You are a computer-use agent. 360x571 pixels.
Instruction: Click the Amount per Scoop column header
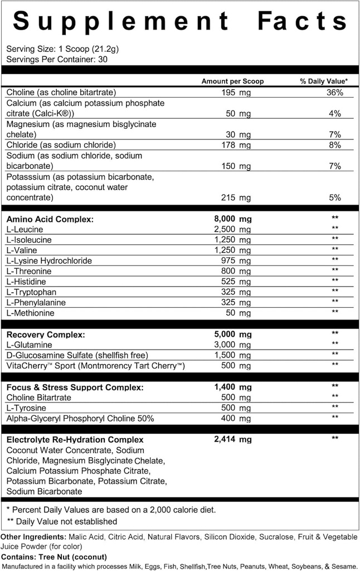pos(232,81)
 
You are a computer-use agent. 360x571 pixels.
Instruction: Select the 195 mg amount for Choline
pos(236,92)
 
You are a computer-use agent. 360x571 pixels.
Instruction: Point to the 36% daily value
pos(334,92)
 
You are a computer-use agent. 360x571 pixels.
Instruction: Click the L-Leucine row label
pos(25,229)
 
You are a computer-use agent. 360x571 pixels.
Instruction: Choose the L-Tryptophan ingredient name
pos(31,292)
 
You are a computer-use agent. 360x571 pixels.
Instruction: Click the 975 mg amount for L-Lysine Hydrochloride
pos(236,260)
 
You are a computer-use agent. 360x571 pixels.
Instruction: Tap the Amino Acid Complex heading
pos(50,219)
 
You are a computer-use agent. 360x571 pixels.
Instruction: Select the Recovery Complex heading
pos(46,335)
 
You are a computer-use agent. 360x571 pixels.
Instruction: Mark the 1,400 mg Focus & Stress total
pos(232,387)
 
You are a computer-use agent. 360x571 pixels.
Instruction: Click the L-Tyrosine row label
pos(26,408)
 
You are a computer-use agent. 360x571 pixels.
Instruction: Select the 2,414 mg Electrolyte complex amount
pos(232,439)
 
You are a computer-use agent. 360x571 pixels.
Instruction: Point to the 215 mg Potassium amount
pos(236,197)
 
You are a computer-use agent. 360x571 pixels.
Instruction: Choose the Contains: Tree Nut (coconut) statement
pos(54,557)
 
